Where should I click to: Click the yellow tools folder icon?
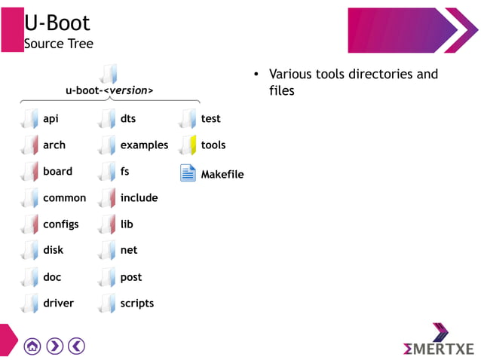tap(188, 145)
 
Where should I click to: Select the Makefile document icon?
tap(188, 173)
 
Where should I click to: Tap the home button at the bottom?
tap(32, 346)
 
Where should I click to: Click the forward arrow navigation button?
tap(54, 346)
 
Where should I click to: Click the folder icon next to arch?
tap(30, 145)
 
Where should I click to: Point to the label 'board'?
tap(57, 172)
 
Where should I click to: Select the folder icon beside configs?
tap(30, 224)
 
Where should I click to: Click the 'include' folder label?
tap(139, 198)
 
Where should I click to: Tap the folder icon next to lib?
tap(108, 224)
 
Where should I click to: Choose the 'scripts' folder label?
tap(136, 304)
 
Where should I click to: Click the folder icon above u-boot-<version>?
tap(109, 73)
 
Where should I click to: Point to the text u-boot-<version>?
tap(109, 91)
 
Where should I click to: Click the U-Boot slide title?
tap(57, 23)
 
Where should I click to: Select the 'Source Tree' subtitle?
tap(59, 44)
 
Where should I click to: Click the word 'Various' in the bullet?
tap(291, 75)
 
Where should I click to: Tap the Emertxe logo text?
tap(439, 349)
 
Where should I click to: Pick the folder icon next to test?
tap(188, 119)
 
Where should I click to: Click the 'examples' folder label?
tap(144, 145)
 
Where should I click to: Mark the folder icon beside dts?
tap(108, 119)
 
